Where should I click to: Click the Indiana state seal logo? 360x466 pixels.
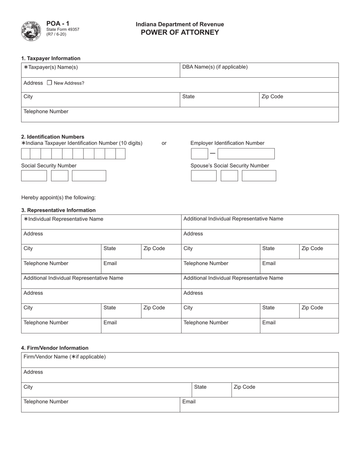click(31, 31)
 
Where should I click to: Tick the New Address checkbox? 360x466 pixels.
click(49, 83)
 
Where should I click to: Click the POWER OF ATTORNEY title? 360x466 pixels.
click(180, 32)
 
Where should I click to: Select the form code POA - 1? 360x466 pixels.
click(58, 23)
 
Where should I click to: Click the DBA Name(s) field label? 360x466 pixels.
click(215, 67)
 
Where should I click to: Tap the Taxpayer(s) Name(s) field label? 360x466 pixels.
click(51, 67)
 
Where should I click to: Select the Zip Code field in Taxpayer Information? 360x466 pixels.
click(299, 100)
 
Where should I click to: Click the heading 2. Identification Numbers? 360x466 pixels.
click(53, 137)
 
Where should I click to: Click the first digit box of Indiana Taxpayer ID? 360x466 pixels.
click(25, 153)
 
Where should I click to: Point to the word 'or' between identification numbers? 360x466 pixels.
click(164, 143)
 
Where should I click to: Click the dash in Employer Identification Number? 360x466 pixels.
click(213, 153)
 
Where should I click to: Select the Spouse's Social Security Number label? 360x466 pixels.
click(230, 166)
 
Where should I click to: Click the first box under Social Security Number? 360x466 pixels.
click(34, 176)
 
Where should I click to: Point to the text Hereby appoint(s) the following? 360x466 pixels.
click(58, 197)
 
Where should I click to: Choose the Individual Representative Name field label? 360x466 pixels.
click(63, 219)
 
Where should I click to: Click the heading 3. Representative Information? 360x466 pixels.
click(58, 210)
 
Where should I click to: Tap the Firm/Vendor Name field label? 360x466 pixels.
click(64, 357)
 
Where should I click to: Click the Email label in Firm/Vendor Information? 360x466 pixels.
click(189, 402)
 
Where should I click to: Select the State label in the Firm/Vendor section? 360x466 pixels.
click(200, 387)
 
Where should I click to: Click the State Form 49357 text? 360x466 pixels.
click(63, 29)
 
